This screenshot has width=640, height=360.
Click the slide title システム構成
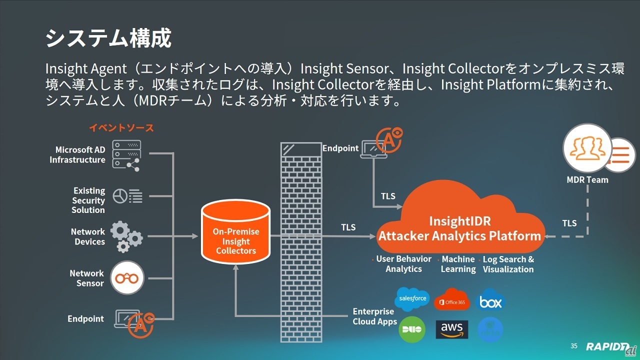pos(108,38)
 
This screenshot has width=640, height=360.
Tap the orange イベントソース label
pos(121,128)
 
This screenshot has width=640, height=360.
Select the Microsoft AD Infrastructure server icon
pos(126,154)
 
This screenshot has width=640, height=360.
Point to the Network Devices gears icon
pos(126,236)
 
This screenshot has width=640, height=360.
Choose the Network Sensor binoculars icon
pos(127,278)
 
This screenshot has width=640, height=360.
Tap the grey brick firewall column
pos(300,240)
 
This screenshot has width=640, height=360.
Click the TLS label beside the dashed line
pos(569,223)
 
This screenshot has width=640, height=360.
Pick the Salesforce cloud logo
pos(412,298)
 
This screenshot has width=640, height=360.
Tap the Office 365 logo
pos(451,299)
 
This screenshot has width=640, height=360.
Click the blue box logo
pos(490,301)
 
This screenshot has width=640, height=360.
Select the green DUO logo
pos(411,329)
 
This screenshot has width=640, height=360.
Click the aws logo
pos(451,329)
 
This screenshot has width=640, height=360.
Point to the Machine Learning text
pos(458,264)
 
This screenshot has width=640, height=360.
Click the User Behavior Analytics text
pos(403,264)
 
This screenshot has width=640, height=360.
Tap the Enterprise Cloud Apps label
pos(374,316)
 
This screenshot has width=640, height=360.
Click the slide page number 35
pos(573,346)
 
